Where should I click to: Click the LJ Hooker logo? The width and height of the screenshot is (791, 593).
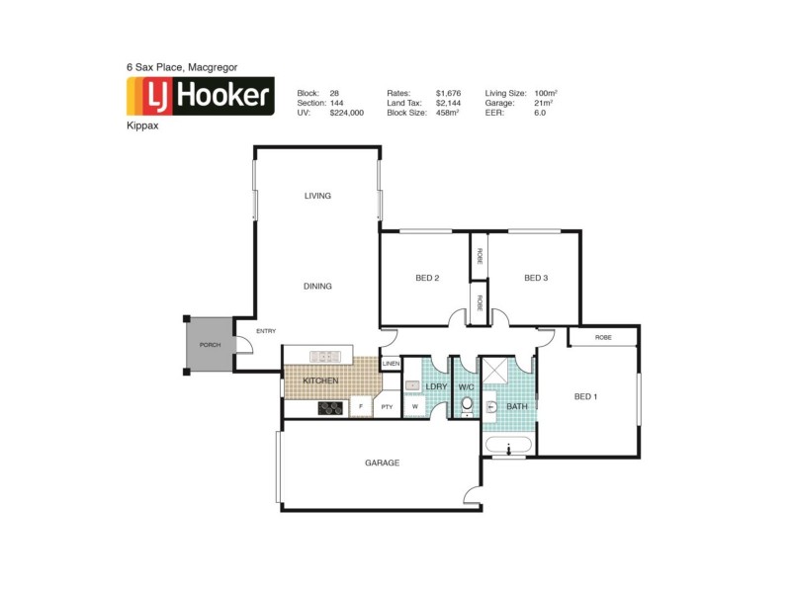200,96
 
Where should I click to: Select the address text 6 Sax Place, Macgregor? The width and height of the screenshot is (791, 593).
181,67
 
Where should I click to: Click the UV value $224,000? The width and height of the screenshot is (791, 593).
347,113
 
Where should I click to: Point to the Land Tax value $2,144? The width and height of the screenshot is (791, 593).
450,103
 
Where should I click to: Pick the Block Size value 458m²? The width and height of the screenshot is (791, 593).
450,113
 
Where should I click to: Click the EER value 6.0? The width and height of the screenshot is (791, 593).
539,113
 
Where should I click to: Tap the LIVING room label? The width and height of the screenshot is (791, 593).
317,196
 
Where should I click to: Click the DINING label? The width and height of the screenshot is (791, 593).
317,287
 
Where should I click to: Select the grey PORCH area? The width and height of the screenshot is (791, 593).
210,345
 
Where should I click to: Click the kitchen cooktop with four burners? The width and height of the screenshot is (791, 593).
329,407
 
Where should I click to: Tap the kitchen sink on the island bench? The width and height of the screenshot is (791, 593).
321,355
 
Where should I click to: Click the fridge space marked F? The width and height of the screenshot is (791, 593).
361,406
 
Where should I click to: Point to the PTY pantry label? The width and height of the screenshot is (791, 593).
388,406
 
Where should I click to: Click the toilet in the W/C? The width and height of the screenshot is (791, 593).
467,404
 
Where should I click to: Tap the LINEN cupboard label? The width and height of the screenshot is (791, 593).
391,364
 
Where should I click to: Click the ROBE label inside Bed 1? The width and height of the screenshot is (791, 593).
603,337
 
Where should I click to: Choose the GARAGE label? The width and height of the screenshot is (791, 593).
382,463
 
